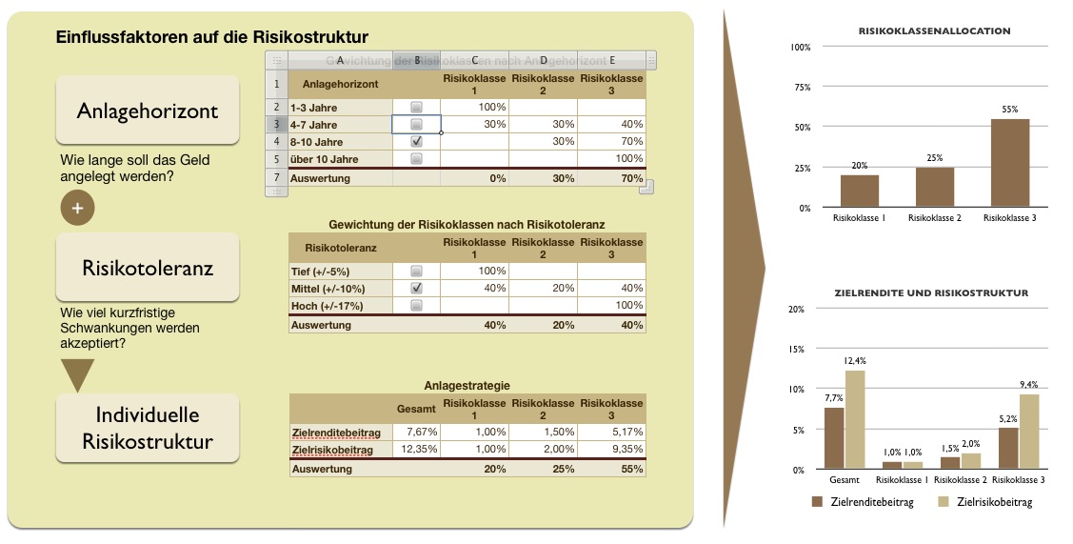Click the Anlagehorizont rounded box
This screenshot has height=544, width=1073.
(x=148, y=111)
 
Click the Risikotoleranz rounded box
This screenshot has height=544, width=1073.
(x=148, y=267)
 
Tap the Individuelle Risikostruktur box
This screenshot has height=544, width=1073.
(x=148, y=429)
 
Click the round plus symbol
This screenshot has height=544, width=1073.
(x=77, y=208)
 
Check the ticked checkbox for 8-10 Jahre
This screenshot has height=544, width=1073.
(x=416, y=141)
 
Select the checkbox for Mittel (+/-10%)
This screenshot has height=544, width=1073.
(x=416, y=288)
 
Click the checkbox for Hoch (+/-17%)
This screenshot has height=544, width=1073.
(x=416, y=305)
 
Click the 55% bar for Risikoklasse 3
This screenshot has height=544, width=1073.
(x=1010, y=163)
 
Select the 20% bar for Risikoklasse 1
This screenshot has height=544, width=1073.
(x=859, y=191)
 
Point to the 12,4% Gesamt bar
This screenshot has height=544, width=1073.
(x=854, y=419)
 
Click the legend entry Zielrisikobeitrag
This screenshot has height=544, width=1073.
(x=986, y=502)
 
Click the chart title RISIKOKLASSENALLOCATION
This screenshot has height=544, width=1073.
(x=934, y=31)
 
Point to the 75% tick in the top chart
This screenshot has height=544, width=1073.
(x=800, y=87)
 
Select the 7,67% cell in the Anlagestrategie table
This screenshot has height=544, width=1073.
(x=416, y=432)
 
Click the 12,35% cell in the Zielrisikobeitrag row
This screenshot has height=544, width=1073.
(x=416, y=449)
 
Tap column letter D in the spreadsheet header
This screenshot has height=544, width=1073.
(x=543, y=60)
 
